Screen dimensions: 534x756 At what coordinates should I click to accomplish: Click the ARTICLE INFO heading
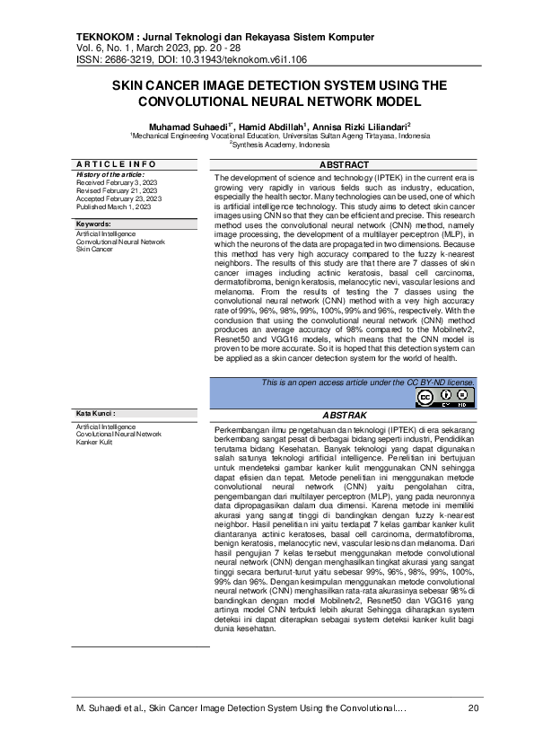click(x=117, y=165)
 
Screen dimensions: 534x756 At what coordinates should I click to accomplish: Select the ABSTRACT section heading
click(x=344, y=165)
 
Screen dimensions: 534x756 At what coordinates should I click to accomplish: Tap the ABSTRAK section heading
click(x=344, y=417)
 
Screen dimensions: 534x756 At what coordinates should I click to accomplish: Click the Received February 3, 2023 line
click(x=109, y=181)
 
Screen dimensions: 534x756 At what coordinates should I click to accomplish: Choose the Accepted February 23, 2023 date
click(x=112, y=198)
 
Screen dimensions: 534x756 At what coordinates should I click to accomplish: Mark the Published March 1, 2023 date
click(x=106, y=206)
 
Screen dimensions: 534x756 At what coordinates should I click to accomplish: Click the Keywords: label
click(x=93, y=224)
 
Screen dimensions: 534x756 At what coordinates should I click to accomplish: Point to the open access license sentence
click(x=368, y=382)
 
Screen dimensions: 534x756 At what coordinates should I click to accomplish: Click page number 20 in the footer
click(x=474, y=710)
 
